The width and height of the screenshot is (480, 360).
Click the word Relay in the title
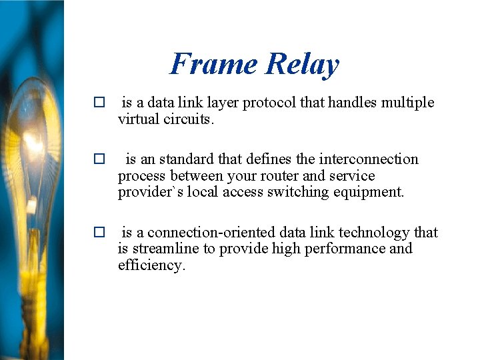coord(302,65)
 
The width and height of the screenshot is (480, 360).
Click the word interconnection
coord(369,159)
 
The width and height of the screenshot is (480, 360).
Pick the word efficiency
coord(150,265)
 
